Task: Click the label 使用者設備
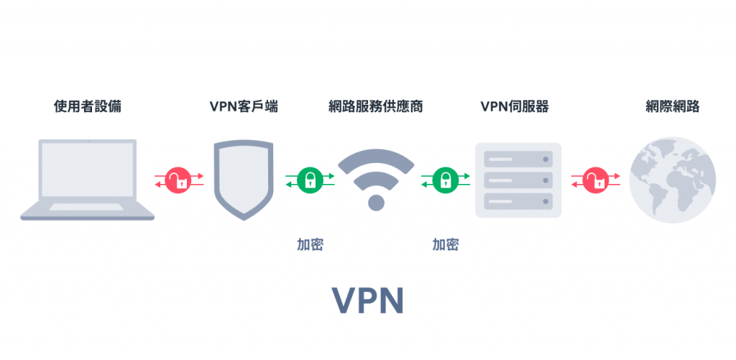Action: tap(87, 107)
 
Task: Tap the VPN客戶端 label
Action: tap(244, 107)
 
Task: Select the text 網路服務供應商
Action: tap(375, 107)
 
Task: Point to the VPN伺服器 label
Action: tap(514, 107)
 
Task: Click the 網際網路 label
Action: tap(672, 107)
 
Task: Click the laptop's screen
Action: tap(87, 171)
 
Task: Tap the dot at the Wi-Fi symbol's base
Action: tap(376, 202)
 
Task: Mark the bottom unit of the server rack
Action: tap(517, 200)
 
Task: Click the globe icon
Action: tap(672, 179)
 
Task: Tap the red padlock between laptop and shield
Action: tap(178, 180)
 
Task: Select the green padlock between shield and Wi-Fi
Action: tap(310, 180)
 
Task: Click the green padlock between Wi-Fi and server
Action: tap(446, 180)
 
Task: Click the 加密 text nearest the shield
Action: tap(310, 244)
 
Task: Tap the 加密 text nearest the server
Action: tap(446, 244)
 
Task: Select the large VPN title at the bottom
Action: tap(367, 302)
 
